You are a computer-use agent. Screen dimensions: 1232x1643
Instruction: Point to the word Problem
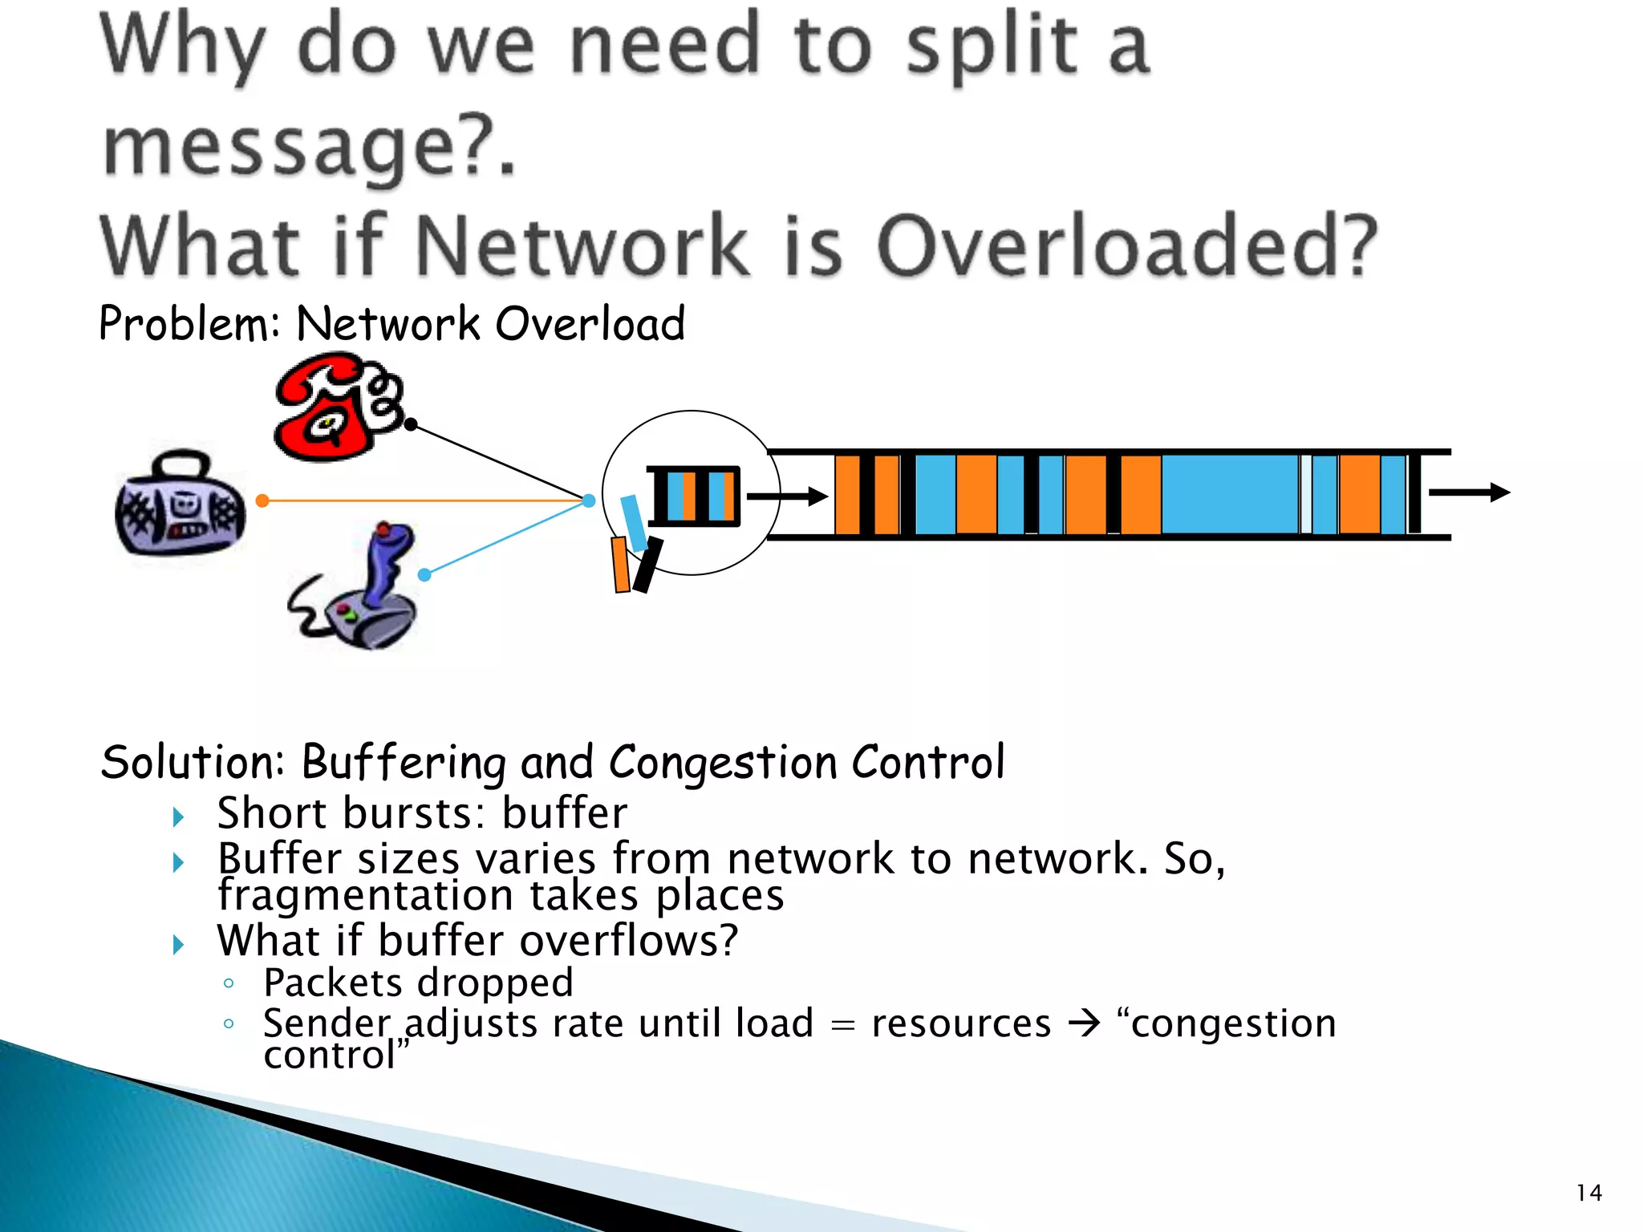point(186,324)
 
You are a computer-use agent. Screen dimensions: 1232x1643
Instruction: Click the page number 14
point(1588,1193)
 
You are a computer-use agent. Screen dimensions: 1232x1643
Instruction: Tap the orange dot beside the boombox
point(262,501)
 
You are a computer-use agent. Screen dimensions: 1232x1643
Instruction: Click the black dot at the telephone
point(411,424)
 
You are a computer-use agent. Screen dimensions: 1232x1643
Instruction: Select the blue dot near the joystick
point(424,575)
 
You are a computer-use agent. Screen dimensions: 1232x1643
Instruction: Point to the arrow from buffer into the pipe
point(786,496)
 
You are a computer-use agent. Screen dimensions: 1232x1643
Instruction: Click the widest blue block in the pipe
point(1229,494)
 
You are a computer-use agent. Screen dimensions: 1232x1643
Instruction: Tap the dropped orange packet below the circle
point(620,565)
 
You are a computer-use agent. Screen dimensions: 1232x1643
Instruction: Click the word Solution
point(192,762)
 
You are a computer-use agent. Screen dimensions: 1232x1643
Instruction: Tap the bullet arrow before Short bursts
point(179,817)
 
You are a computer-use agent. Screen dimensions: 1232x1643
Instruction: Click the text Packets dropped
point(418,983)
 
